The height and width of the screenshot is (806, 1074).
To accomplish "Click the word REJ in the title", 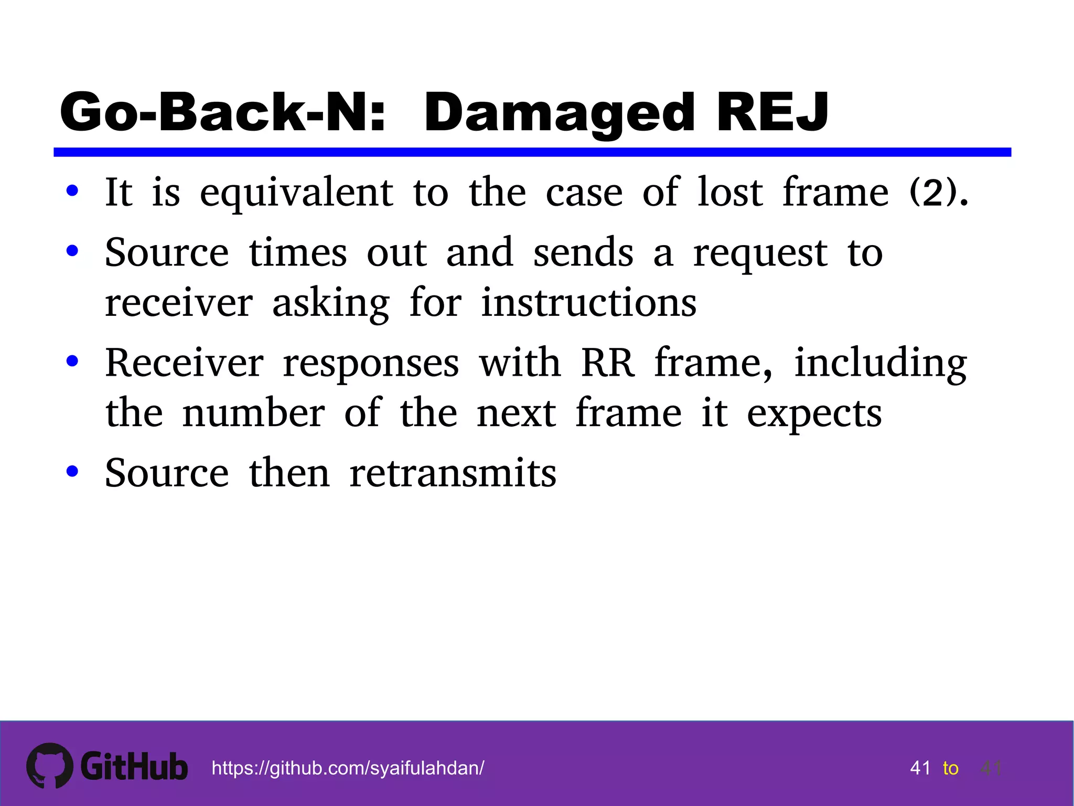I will click(x=772, y=112).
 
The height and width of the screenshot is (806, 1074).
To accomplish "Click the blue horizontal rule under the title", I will click(x=532, y=152).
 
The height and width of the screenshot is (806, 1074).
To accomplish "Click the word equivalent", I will click(x=296, y=193).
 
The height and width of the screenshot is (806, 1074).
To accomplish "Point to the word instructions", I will click(x=588, y=303).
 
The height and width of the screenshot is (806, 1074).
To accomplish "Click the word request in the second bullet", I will click(x=760, y=253).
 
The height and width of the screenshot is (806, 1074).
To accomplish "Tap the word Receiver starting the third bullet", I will click(x=184, y=363).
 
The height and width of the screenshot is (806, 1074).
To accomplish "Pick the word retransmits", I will click(x=453, y=473).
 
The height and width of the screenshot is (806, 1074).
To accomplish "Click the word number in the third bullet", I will click(x=253, y=413).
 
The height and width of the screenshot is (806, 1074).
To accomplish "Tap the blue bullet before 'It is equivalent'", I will click(x=72, y=191).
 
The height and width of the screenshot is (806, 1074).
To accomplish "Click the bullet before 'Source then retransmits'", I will click(x=72, y=471).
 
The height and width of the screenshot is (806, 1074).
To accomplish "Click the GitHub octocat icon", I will click(x=50, y=766).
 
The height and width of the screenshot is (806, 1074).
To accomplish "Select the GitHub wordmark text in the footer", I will click(x=134, y=767).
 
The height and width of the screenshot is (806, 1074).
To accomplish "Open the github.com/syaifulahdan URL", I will click(x=348, y=768).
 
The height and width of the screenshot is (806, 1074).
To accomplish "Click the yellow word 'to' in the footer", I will click(x=950, y=768).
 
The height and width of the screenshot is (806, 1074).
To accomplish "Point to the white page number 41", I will click(x=920, y=768).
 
